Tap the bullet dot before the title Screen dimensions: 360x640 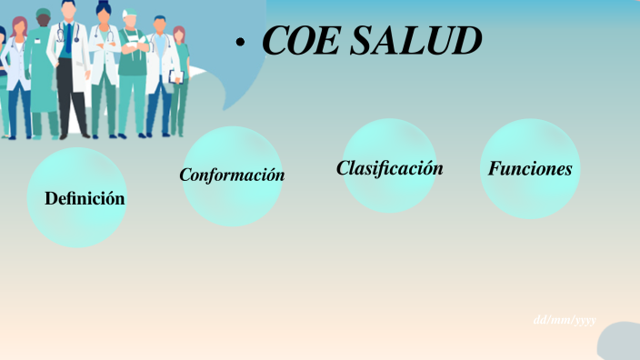240,43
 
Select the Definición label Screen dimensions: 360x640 85,197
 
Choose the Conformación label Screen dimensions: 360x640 232,175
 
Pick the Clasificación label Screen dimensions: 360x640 389,168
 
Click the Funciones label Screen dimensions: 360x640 530,169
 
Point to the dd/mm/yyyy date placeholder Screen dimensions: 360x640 565,319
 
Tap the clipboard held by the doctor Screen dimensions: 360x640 176,77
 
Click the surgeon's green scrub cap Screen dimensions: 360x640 43,13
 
